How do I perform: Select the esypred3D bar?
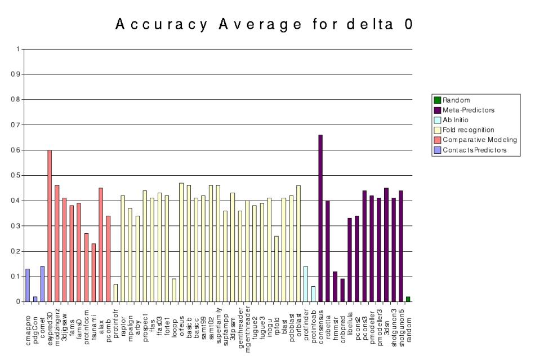tap(50, 226)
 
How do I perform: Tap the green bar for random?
tap(408, 299)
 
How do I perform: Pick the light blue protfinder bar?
tap(306, 284)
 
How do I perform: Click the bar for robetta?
tap(328, 251)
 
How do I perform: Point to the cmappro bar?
tap(28, 285)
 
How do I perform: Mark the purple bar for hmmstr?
tap(335, 287)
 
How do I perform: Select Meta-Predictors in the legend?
tap(463, 110)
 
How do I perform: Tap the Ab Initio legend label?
tap(456, 120)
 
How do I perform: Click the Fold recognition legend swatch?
tap(437, 130)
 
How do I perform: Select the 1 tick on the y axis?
tap(17, 49)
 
